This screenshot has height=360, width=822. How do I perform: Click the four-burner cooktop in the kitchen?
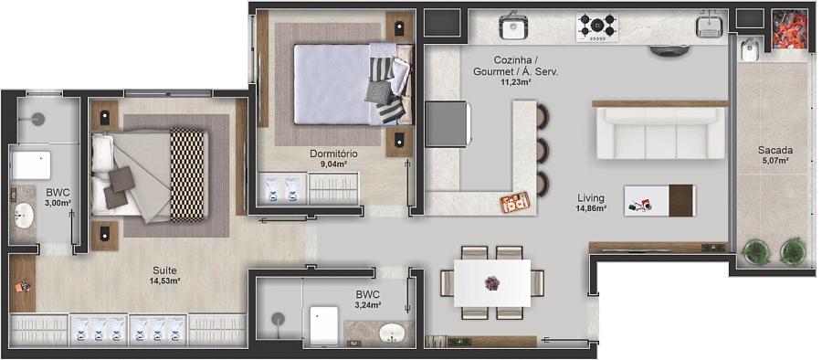tap(597, 26)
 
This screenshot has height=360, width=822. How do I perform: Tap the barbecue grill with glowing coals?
tap(791, 29)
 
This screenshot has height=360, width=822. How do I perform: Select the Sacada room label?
tap(775, 150)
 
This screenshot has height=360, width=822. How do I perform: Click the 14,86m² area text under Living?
tap(591, 208)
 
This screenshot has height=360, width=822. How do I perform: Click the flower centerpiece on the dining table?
tap(491, 283)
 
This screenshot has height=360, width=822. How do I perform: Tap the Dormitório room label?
tap(334, 154)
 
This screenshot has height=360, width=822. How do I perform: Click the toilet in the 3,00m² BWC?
tap(31, 165)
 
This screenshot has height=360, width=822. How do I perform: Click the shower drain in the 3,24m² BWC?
tap(278, 318)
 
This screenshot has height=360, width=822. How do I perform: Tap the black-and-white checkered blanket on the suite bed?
tap(187, 175)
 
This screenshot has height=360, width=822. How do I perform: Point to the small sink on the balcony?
tap(747, 50)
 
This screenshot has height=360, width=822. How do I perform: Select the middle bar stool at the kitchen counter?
tap(542, 150)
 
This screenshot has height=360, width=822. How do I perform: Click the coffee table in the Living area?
tap(660, 200)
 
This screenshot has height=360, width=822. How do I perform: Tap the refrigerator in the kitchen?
tap(447, 124)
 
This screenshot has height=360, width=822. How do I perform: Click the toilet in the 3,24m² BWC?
tap(323, 325)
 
